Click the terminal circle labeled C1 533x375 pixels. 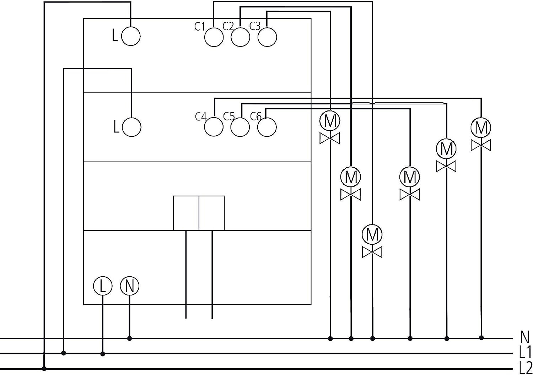(214, 37)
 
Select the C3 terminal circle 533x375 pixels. (267, 37)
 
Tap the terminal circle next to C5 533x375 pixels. (240, 127)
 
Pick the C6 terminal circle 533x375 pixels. (267, 127)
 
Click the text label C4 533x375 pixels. (201, 117)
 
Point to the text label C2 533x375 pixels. (228, 26)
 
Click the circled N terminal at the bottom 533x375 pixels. (130, 286)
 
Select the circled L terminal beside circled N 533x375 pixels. (103, 286)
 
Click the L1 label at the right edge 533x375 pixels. (525, 352)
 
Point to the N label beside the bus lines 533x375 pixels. (524, 337)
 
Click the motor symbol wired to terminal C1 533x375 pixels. (372, 235)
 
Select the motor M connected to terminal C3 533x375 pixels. (330, 121)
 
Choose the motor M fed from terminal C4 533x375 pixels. (481, 128)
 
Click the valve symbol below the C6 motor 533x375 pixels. (409, 195)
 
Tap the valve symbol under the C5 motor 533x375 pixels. (446, 166)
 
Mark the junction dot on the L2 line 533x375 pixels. (44, 369)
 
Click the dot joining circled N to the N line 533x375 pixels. (129, 338)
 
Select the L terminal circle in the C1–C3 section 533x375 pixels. (131, 36)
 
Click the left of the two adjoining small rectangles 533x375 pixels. (186, 213)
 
